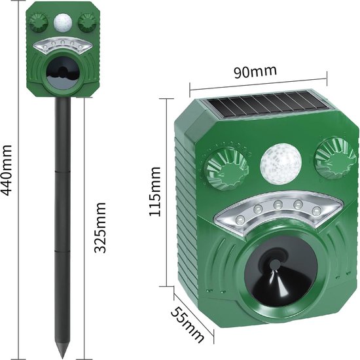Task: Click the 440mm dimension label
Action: click(x=6, y=170)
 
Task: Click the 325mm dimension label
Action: click(x=100, y=227)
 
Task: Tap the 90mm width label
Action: click(x=255, y=71)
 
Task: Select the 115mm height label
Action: click(x=154, y=192)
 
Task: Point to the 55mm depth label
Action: click(x=187, y=325)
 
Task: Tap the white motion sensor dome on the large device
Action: click(x=280, y=164)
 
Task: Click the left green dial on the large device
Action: click(x=227, y=170)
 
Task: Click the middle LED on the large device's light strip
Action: click(x=278, y=204)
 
